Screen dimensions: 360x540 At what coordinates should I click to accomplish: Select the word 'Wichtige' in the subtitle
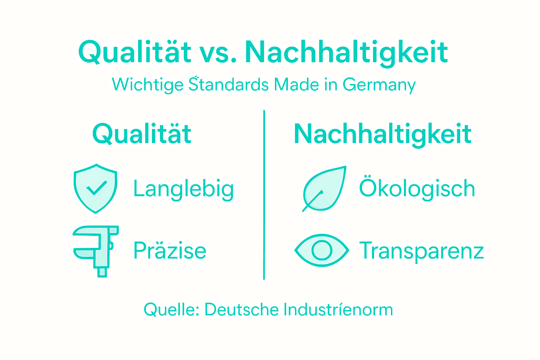click(148, 85)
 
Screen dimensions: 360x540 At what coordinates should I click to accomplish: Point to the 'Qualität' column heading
click(142, 134)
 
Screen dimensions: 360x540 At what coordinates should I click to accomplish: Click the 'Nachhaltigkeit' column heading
click(382, 134)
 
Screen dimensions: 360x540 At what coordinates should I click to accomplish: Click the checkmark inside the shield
click(96, 188)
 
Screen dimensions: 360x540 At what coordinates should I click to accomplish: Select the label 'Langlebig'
click(184, 189)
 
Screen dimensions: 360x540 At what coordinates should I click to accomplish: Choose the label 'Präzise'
click(170, 250)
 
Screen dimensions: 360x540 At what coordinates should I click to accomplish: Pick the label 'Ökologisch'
click(417, 188)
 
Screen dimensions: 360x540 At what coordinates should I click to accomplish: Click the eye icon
click(322, 250)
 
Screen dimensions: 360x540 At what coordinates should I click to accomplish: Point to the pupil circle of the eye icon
click(322, 250)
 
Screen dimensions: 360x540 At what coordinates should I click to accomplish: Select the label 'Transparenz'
click(422, 251)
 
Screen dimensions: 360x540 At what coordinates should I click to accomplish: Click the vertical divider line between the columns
click(264, 195)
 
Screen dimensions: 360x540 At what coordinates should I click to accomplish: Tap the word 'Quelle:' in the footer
click(172, 310)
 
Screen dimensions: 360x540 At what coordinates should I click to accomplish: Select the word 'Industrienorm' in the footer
click(338, 310)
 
